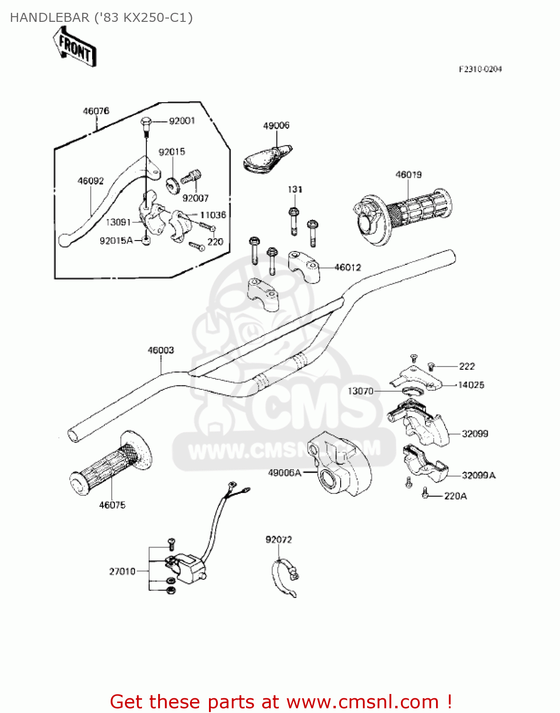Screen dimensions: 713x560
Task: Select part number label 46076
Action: tap(96, 111)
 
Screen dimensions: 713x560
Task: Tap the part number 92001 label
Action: tap(182, 121)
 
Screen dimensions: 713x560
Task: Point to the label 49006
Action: tap(276, 125)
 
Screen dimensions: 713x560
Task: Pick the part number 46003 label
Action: tap(161, 350)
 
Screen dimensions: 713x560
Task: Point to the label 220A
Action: tap(455, 496)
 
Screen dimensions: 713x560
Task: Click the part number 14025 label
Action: tap(471, 385)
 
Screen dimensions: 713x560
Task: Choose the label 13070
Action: tap(361, 391)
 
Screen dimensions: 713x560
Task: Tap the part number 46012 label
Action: tap(348, 268)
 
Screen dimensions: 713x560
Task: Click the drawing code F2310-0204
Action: tap(480, 69)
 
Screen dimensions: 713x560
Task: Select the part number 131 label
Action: tap(295, 189)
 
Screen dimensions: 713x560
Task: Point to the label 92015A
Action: tap(116, 241)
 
